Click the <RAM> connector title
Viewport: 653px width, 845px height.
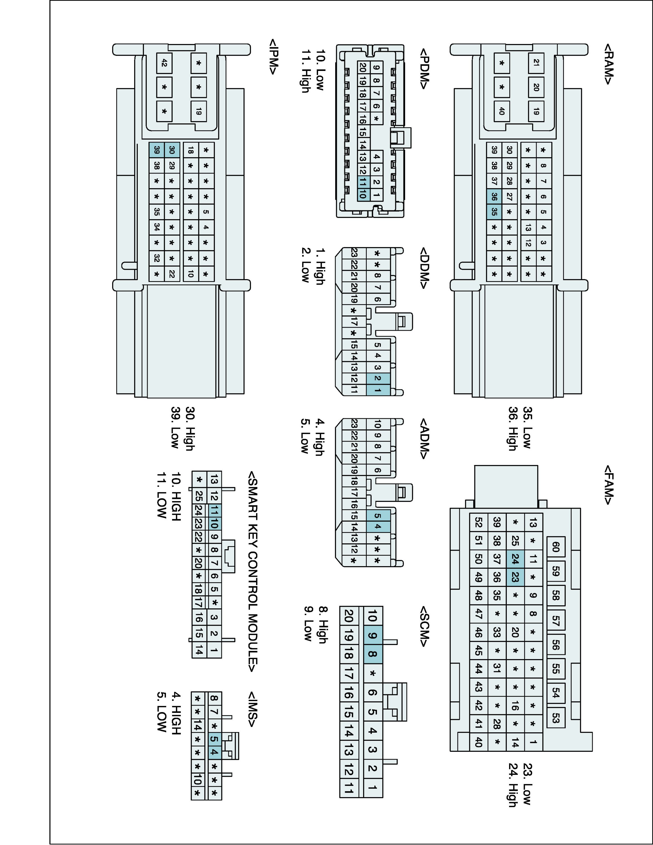pos(608,64)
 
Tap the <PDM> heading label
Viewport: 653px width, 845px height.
pos(424,69)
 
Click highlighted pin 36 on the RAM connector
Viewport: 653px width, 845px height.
pos(494,197)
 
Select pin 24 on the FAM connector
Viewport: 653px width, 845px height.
pos(515,559)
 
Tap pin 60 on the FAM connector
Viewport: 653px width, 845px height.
pos(556,547)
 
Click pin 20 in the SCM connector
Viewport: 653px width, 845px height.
pos(348,616)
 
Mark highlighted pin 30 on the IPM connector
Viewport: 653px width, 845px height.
pos(172,150)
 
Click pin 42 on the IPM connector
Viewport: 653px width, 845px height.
pos(164,63)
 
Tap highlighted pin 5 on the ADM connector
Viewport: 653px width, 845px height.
pos(377,515)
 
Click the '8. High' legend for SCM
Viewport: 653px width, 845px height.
pos(323,624)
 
